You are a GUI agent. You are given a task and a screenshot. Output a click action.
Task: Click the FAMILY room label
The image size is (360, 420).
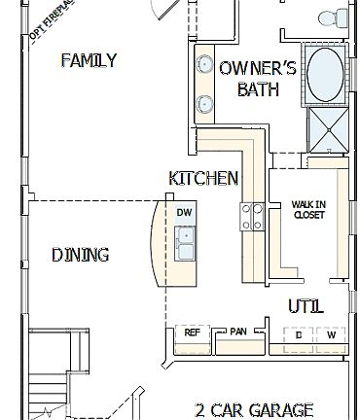(89, 60)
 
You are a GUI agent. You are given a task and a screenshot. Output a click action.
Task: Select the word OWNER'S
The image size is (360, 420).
(258, 68)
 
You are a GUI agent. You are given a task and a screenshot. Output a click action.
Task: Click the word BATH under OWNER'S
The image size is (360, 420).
(258, 89)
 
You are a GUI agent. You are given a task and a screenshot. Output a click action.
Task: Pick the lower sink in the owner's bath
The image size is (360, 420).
(205, 102)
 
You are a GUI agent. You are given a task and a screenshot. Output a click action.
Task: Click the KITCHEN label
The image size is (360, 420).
(203, 178)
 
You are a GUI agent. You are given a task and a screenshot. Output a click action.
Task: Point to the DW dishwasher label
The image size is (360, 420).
(185, 212)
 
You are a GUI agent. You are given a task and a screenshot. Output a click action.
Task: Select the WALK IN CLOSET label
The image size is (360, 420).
(309, 209)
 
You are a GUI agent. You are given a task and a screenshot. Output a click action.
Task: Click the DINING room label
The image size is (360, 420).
(80, 255)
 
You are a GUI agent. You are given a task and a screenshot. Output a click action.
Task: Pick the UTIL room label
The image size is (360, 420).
(306, 306)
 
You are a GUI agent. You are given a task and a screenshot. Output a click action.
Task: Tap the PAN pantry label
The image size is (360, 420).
(238, 332)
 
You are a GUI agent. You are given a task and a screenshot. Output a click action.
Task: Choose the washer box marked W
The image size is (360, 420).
(331, 335)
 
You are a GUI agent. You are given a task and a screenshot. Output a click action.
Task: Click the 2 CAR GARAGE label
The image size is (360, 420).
(254, 409)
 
